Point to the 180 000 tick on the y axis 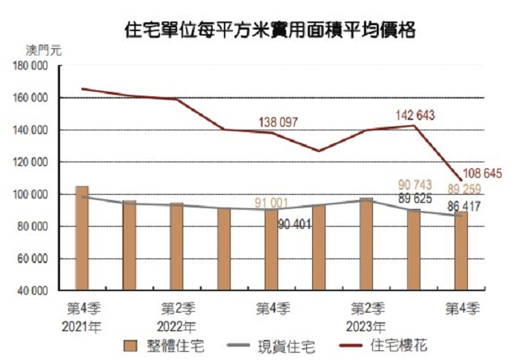click(x=31, y=66)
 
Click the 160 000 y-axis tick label click(x=31, y=98)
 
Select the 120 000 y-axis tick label click(x=31, y=162)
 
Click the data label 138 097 click(x=282, y=120)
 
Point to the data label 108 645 click(x=482, y=173)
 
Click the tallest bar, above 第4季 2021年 click(x=82, y=237)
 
